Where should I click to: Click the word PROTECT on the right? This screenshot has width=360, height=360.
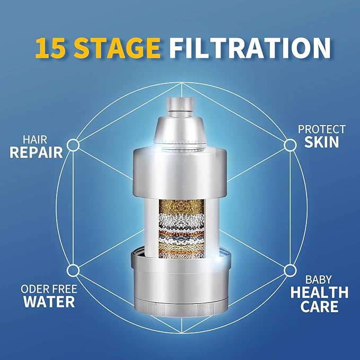tap(321, 129)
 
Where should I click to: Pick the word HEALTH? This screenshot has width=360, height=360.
tap(319, 292)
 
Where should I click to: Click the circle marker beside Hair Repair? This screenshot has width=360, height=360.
tap(74, 144)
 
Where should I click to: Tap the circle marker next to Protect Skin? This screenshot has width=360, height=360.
tap(289, 144)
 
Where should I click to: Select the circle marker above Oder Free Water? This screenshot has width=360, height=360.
tap(74, 270)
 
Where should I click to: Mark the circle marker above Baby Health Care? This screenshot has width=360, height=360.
tap(289, 270)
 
